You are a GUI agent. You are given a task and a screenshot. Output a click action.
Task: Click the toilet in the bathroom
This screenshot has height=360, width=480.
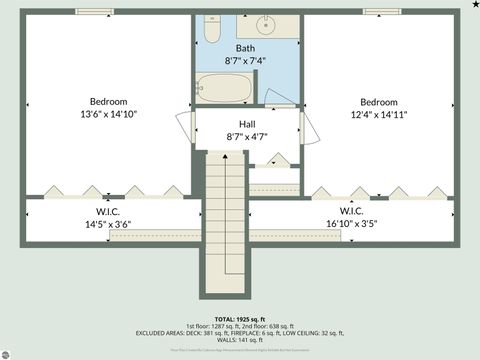pos(211,30)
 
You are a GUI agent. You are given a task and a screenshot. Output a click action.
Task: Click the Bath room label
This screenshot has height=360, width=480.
pos(245,48)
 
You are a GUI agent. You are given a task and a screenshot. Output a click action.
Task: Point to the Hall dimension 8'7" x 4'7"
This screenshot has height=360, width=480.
pos(246,136)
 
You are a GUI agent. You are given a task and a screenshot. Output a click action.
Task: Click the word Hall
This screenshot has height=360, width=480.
pos(246,124)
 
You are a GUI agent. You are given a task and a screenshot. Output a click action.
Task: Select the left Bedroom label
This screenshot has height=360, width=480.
pos(108,102)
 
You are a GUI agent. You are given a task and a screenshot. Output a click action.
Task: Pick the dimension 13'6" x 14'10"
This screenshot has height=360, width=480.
pos(108,114)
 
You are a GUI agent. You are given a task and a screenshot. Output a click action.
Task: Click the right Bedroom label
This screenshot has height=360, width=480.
pos(379,102)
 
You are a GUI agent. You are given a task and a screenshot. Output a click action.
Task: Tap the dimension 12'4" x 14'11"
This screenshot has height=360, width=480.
pos(379,114)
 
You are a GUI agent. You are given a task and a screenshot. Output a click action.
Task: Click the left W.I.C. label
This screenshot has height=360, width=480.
pos(109,211)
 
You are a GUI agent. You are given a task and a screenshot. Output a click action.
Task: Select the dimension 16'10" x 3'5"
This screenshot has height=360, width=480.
pos(351,223)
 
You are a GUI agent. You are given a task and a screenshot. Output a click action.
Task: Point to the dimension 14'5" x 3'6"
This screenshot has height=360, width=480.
pos(109,223)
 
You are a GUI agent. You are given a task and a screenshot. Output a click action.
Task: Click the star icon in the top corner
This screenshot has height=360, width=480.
pos(474,6)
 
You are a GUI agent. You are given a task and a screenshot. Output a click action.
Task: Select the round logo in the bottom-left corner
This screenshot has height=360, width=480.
pos(7,353)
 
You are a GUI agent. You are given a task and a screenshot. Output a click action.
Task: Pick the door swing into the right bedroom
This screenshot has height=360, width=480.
pos(306,128)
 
